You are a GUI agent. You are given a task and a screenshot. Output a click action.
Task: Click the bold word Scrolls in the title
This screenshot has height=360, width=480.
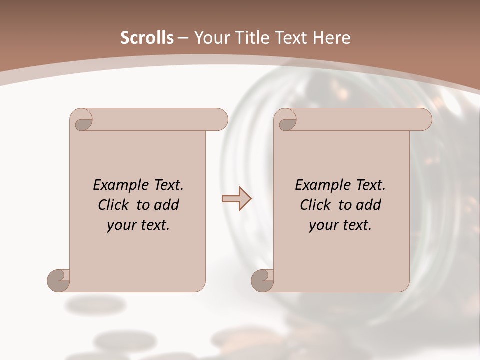[x=147, y=38]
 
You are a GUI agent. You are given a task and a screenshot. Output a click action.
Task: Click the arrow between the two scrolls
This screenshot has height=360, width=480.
[x=236, y=199]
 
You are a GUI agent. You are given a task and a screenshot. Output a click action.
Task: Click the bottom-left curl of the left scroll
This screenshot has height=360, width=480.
[x=59, y=280]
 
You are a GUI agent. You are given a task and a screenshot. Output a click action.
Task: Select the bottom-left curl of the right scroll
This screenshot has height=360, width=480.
[x=263, y=280]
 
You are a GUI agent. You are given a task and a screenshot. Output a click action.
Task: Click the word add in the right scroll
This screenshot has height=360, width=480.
[x=369, y=205]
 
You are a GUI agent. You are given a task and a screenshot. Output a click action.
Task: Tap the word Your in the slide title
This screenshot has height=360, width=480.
[x=209, y=38]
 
